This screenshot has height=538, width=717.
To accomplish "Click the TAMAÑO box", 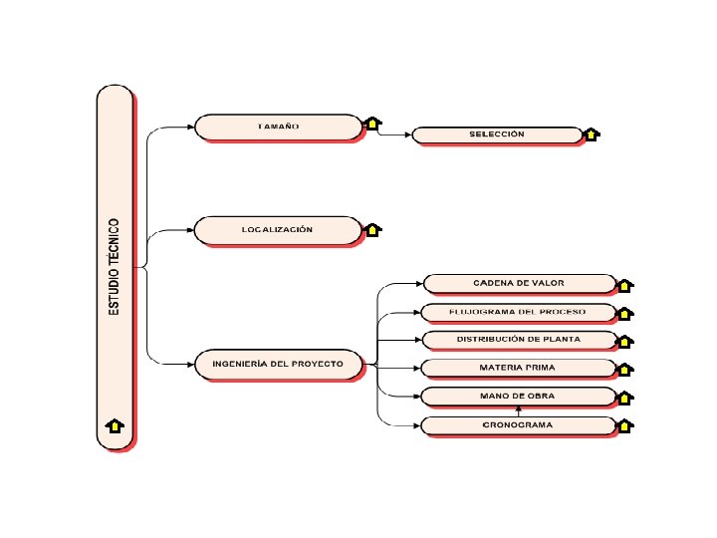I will (x=278, y=127).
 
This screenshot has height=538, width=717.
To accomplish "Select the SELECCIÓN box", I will (x=496, y=134).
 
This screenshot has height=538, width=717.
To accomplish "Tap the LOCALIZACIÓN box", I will (x=278, y=230).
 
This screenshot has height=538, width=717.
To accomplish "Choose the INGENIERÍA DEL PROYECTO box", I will (x=278, y=365).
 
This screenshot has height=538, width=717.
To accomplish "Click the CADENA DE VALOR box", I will (x=518, y=284).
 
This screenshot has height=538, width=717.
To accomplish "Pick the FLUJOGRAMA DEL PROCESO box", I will (x=518, y=312).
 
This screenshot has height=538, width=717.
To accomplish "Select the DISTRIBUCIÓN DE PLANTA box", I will (x=518, y=340).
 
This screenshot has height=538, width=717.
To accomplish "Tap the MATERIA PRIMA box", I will (x=518, y=369).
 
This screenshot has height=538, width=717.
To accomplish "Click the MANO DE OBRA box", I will (x=518, y=397).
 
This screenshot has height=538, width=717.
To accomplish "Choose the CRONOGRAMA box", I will (x=518, y=425).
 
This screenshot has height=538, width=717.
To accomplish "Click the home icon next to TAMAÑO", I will (x=372, y=124).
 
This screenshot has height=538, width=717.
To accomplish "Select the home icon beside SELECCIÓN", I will (x=591, y=134).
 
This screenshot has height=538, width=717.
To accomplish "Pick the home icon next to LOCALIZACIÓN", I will (x=372, y=230).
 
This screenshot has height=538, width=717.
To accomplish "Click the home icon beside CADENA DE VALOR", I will (x=625, y=285).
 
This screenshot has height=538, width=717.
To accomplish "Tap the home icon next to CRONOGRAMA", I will (x=625, y=426).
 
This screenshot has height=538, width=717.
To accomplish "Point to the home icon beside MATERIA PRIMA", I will (x=625, y=370).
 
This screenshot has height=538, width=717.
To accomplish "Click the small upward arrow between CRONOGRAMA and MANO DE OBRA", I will (x=518, y=410).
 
